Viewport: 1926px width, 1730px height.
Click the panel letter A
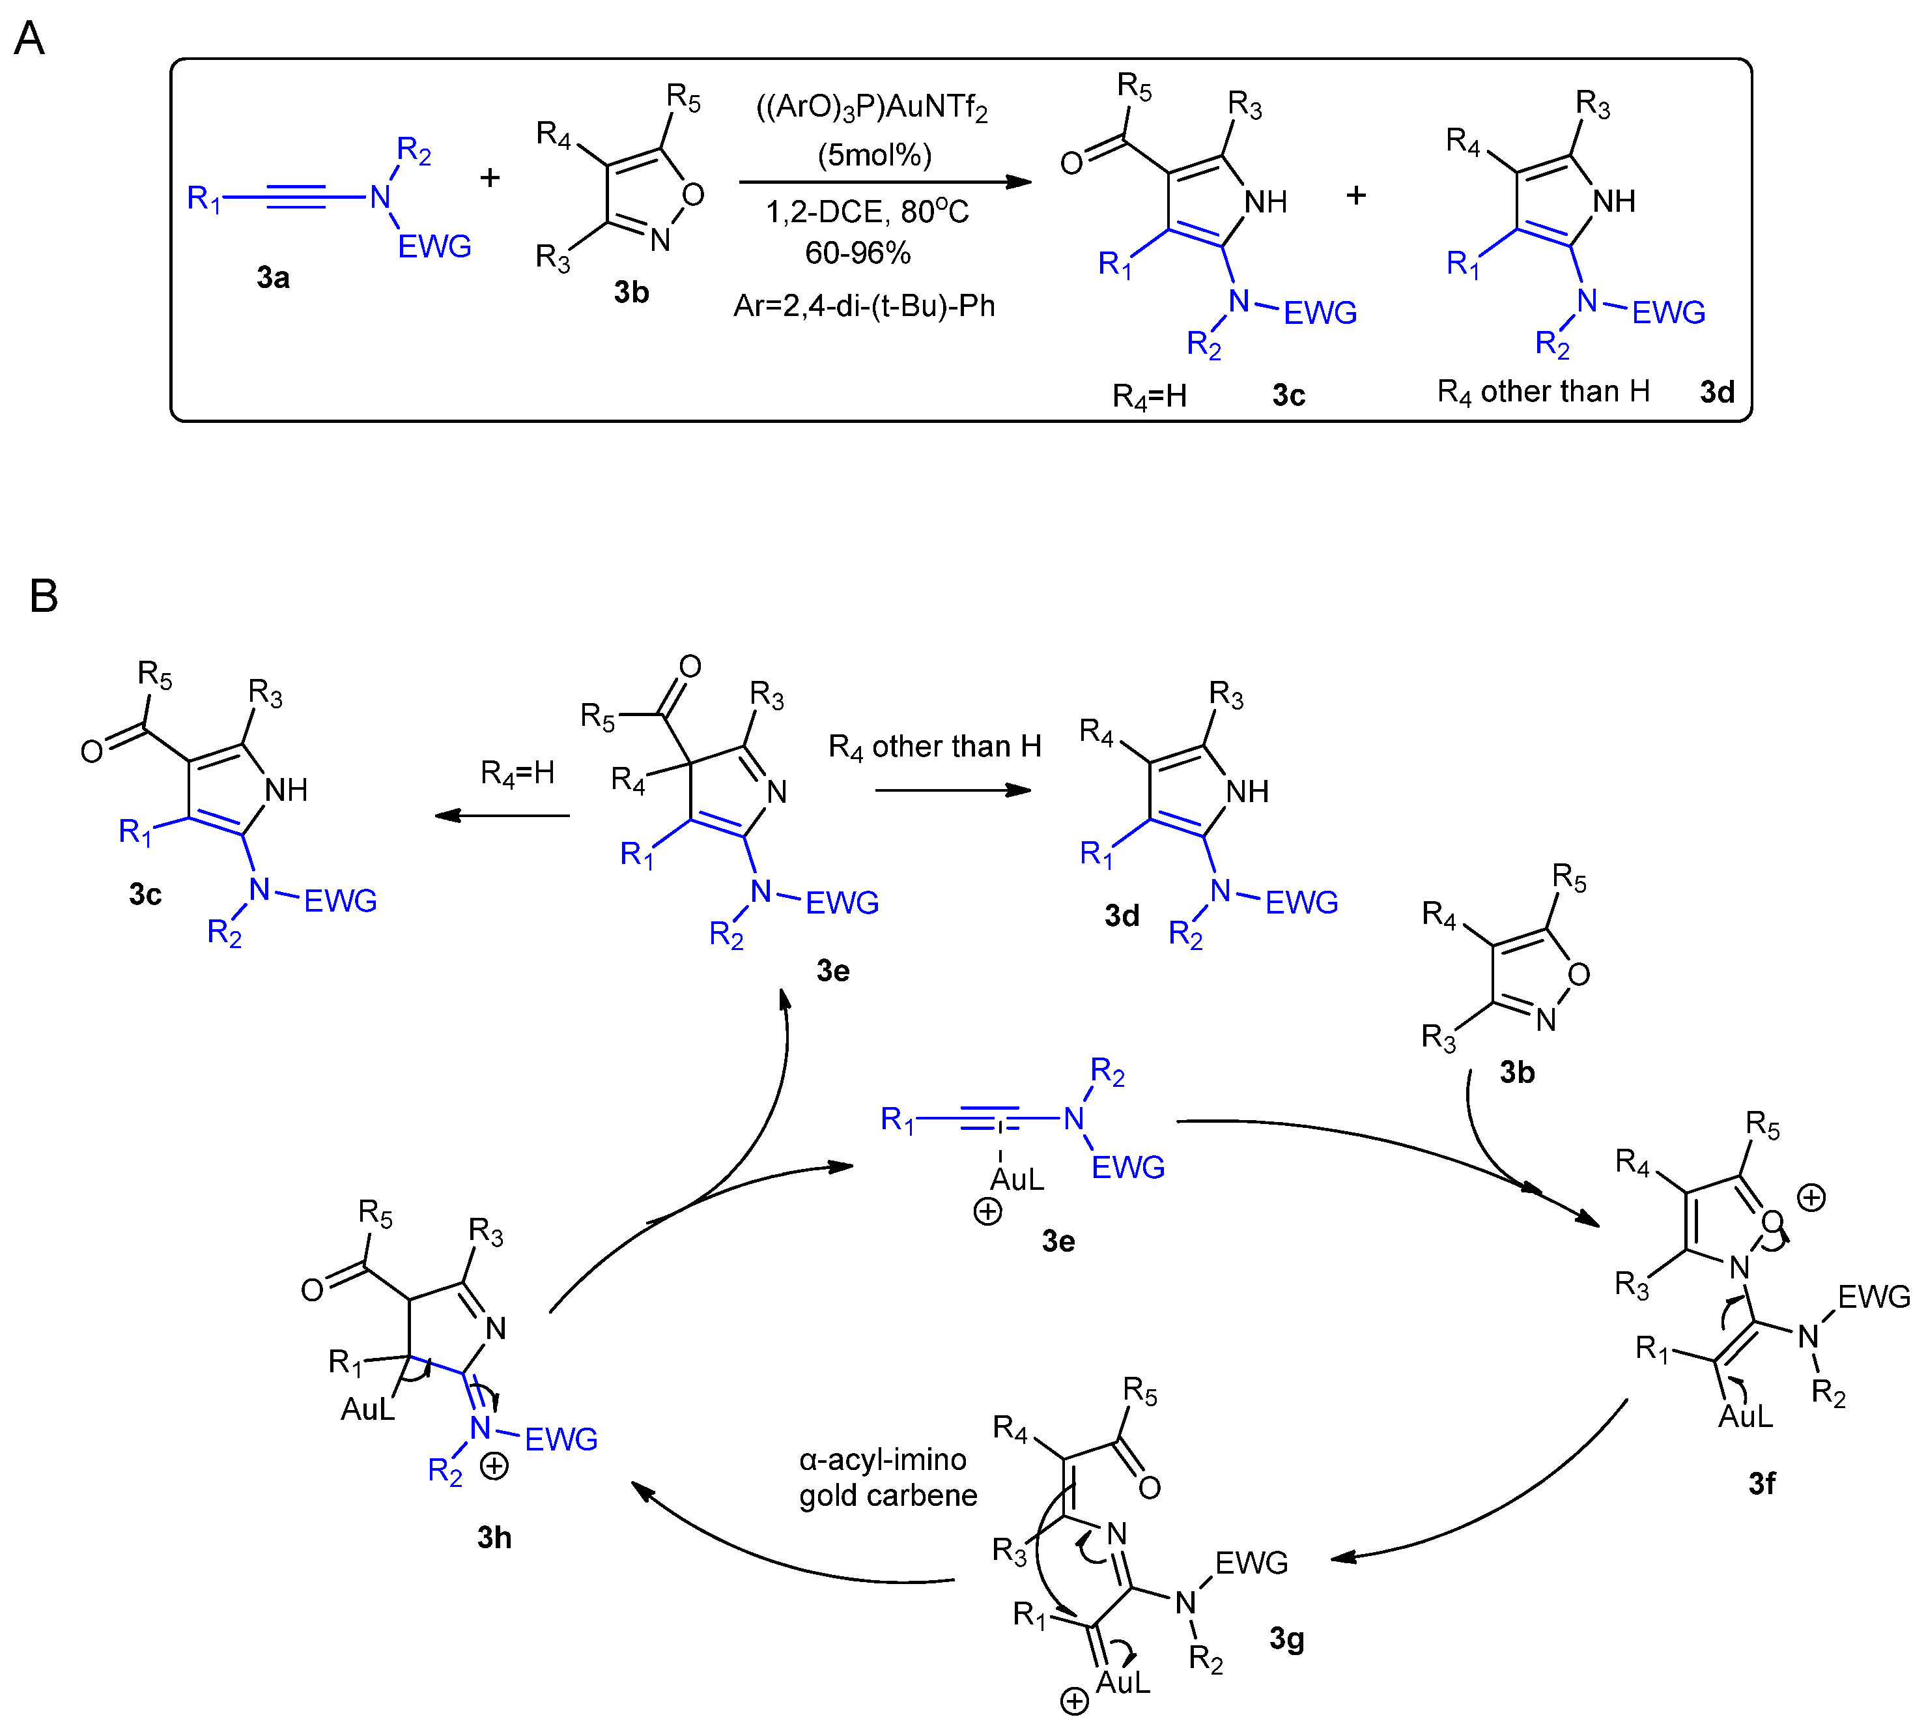29,39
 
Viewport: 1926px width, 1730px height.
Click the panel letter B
43,596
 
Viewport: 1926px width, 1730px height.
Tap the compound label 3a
273,278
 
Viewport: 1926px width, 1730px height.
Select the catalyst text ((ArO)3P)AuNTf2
871,108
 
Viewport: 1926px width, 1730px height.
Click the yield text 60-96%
857,253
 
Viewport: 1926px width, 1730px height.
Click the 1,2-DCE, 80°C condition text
866,211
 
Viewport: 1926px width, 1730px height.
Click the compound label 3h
494,1537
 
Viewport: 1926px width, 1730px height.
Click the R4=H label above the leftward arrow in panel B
517,773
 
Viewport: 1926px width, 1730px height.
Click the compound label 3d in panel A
1717,392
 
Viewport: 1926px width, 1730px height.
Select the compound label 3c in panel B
145,895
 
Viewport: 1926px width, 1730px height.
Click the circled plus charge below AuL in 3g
1073,1701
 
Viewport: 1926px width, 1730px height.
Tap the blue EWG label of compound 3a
434,247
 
